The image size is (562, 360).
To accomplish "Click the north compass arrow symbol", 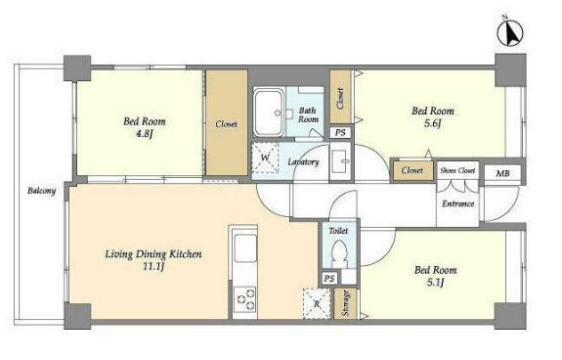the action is tap(510, 33).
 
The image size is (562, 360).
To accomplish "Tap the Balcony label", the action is tap(42, 191).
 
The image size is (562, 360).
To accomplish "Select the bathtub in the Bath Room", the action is tap(269, 112).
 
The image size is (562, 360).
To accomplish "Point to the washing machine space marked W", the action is tap(265, 157).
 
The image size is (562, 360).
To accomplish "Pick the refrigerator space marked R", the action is tap(317, 303).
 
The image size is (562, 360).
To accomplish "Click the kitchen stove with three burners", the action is tap(245, 298).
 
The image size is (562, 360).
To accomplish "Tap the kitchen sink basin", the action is tap(245, 248).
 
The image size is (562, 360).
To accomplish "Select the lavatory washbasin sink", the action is tap(340, 162).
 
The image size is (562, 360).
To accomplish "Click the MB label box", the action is tap(502, 174).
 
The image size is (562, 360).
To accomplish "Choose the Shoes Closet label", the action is tap(457, 170).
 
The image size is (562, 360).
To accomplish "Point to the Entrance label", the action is tap(458, 204).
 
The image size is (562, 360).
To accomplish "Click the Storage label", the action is tap(346, 303).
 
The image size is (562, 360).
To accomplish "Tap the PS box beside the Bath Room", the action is tap(340, 132).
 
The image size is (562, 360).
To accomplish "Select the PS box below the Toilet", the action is tap(329, 279).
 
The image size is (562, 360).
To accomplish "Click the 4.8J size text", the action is tap(144, 135).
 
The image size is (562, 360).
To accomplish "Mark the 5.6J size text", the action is tap(432, 123).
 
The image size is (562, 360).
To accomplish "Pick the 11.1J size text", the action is tap(153, 267).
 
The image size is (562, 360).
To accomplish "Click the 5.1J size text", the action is tap(436, 283).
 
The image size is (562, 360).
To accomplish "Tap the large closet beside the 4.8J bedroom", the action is tap(227, 122).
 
